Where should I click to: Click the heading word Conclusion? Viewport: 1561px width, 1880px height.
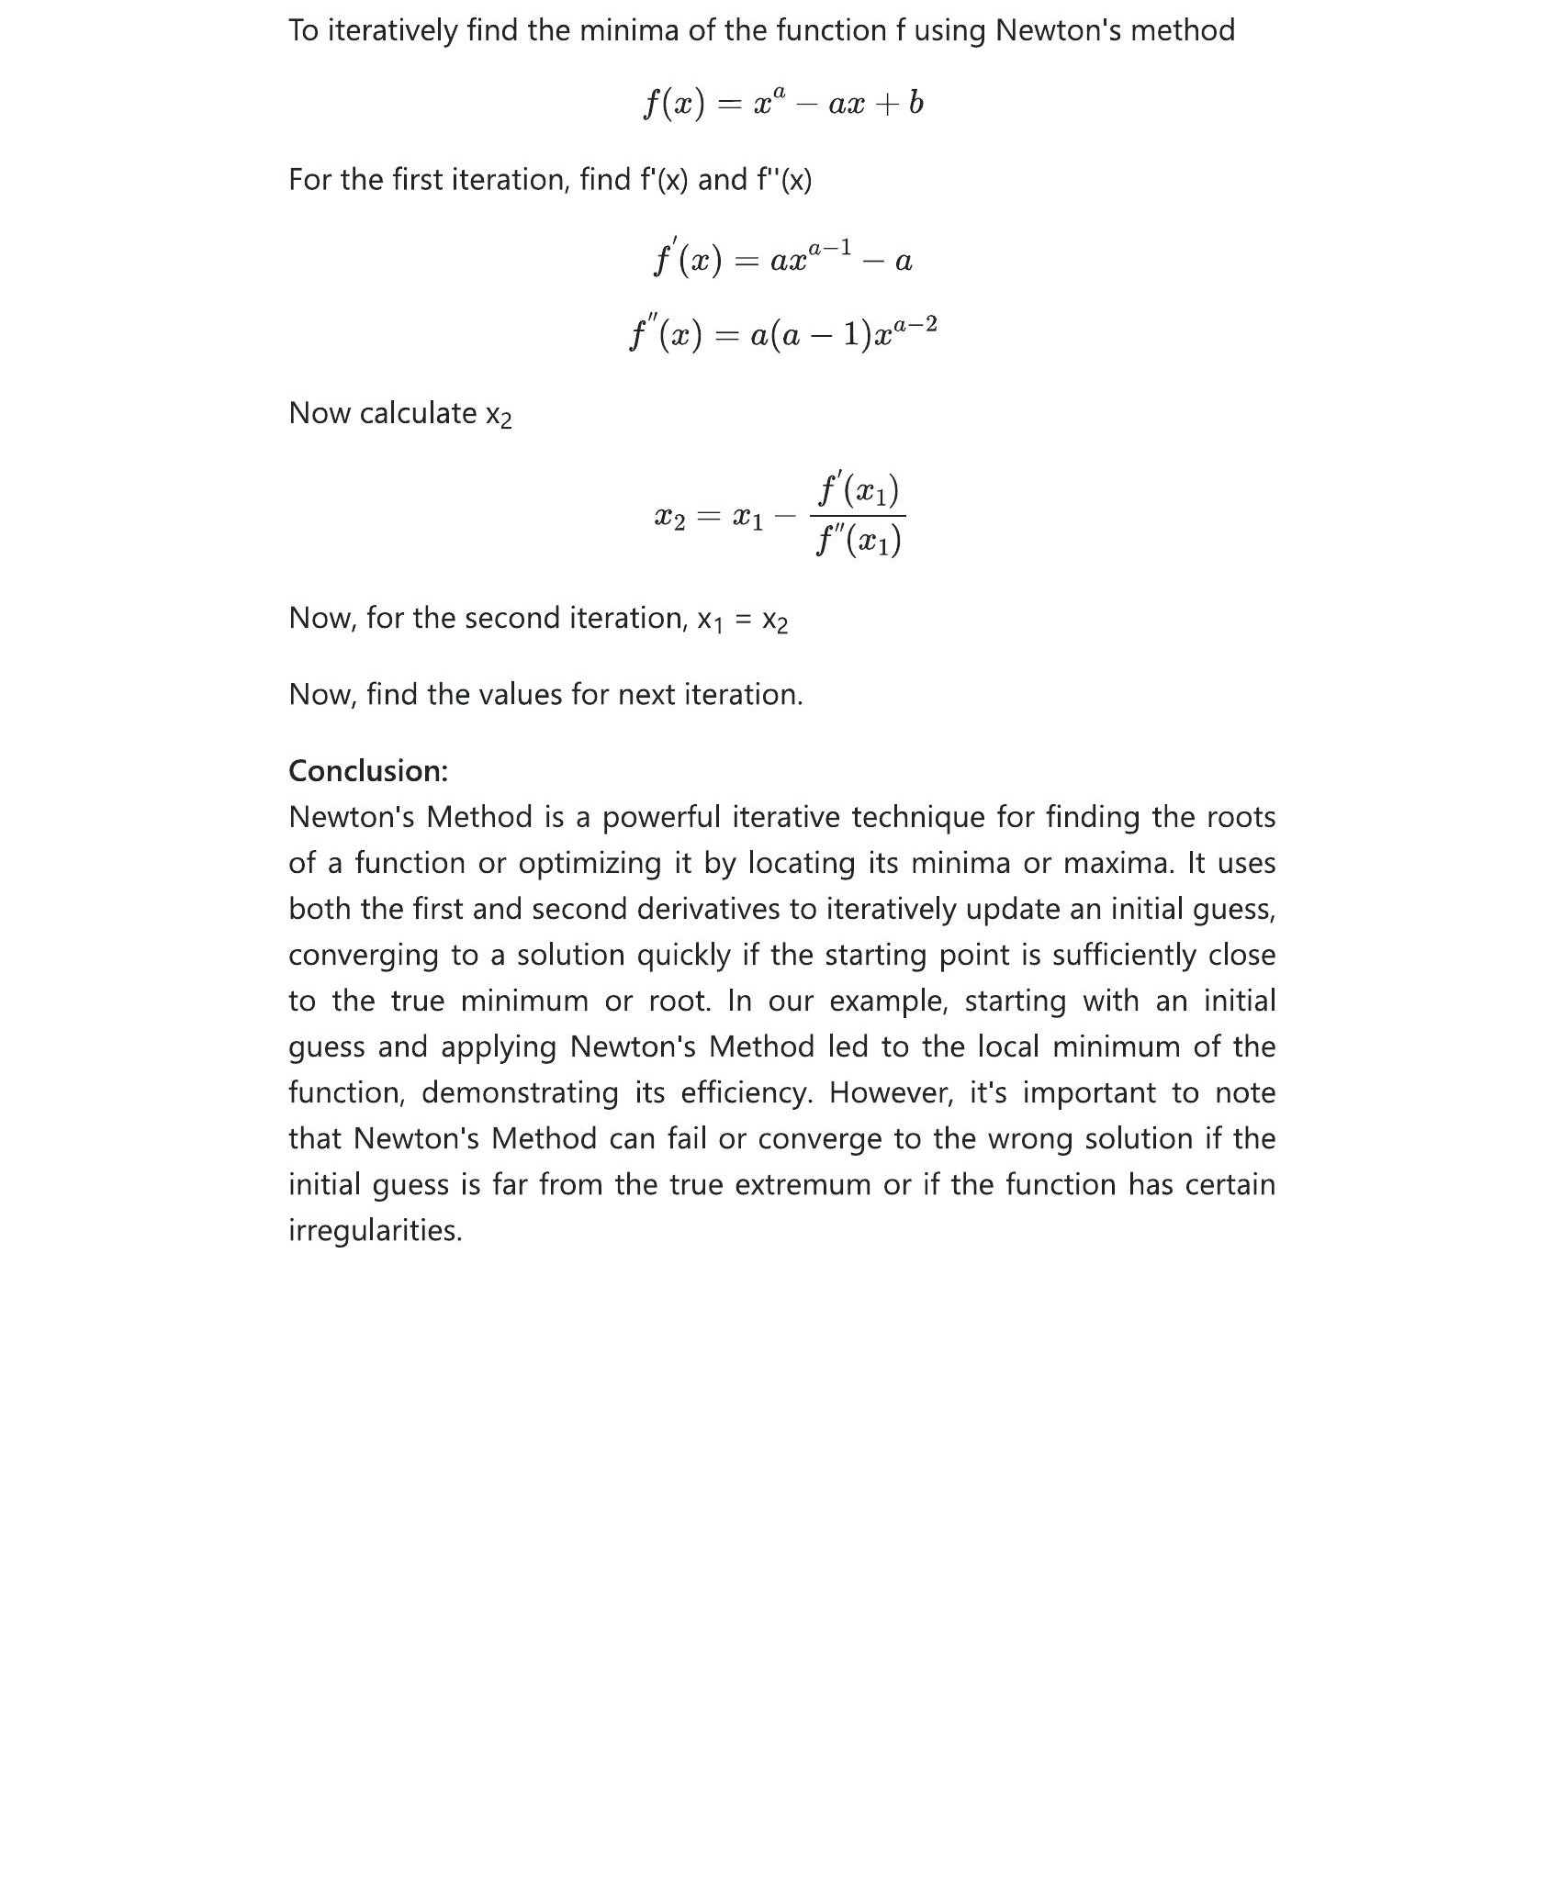367,771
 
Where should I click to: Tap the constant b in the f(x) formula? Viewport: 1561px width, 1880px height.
915,103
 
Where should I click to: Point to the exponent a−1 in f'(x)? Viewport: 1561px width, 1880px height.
829,249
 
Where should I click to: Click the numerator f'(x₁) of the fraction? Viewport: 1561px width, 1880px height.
858,490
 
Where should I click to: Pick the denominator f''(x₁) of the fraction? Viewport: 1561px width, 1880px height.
858,542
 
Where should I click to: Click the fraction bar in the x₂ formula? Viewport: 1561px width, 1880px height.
858,516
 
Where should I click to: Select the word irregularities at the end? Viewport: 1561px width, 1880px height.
375,1230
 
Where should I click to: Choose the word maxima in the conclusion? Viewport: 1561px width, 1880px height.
1119,863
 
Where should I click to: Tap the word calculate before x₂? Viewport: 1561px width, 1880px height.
418,413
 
